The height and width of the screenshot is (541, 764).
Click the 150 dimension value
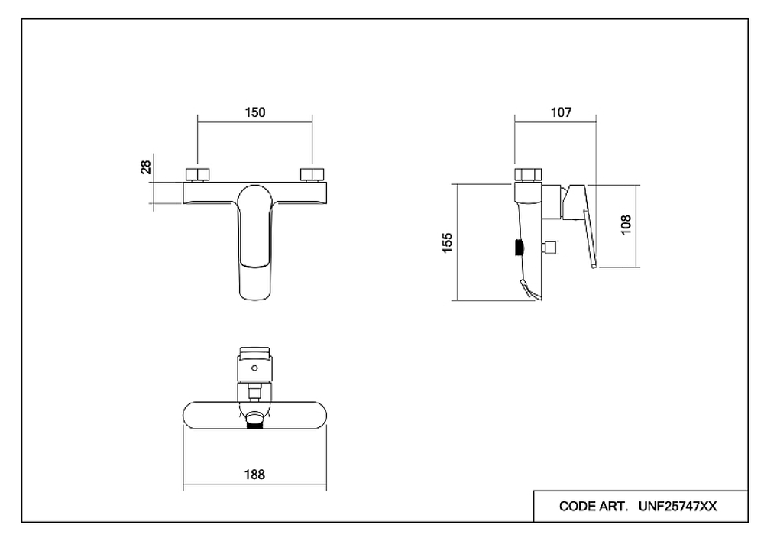(x=255, y=112)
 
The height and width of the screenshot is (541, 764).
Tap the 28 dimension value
(x=146, y=167)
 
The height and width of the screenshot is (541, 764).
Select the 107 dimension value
(x=561, y=112)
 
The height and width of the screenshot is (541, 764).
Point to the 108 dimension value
(x=626, y=225)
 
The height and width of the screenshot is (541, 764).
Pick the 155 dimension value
(x=447, y=243)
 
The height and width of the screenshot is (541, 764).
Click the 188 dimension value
(x=254, y=475)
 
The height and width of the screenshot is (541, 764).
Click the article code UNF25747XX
(x=677, y=507)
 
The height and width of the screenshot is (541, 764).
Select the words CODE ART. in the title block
(x=594, y=507)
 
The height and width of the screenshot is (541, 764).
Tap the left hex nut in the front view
(x=197, y=174)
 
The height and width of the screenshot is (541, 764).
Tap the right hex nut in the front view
(x=312, y=174)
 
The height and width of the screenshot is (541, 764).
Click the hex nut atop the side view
(x=528, y=175)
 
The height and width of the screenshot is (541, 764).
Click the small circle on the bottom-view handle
(x=254, y=368)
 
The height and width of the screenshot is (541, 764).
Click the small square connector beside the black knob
(x=551, y=248)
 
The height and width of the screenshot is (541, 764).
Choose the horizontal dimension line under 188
(x=255, y=485)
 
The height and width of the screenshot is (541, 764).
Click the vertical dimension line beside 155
(x=458, y=243)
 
